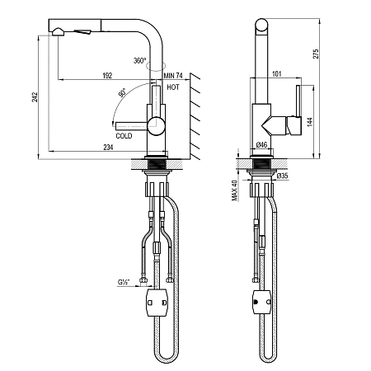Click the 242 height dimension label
point(35,97)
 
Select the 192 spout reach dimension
point(107,76)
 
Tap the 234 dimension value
point(108,148)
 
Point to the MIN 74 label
point(173,76)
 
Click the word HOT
point(173,87)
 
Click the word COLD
point(124,136)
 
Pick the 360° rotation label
point(140,60)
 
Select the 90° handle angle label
point(122,92)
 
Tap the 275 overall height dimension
point(316,54)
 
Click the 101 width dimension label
point(277,73)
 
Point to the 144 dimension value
point(310,122)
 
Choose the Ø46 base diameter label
point(261,144)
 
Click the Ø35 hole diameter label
point(282,176)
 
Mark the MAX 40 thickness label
point(234,190)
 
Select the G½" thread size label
point(124,282)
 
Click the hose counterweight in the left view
point(157,303)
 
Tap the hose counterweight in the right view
point(261,302)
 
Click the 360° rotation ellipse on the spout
point(157,66)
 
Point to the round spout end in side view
point(261,26)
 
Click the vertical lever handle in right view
point(298,101)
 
